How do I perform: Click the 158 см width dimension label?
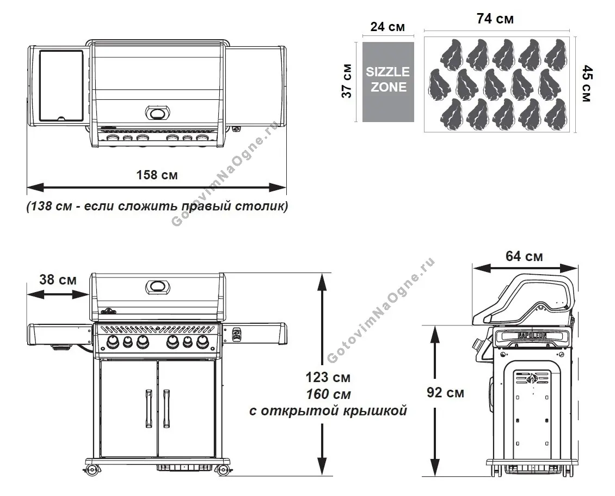point(157,175)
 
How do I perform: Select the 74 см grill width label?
point(495,19)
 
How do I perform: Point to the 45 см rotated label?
point(587,83)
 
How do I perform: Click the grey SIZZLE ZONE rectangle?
point(388,80)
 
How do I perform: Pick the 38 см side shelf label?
point(58,280)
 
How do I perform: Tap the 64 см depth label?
point(524,256)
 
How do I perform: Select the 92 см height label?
point(445,392)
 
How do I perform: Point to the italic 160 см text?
point(328,394)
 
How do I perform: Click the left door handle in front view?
point(148,409)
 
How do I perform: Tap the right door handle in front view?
point(166,409)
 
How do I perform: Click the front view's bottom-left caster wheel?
point(91,469)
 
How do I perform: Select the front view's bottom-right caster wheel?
point(223,470)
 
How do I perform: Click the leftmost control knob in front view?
point(113,342)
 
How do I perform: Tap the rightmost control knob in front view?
point(202,342)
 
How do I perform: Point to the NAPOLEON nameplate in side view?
point(532,336)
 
